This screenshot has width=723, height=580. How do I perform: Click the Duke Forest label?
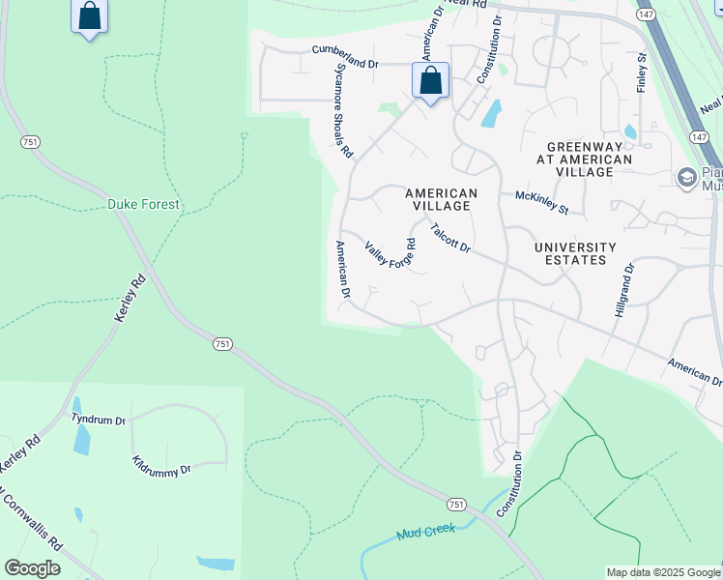coord(144,205)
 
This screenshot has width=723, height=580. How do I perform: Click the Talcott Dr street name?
coord(450,239)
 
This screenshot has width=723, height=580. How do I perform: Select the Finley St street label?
coord(641,73)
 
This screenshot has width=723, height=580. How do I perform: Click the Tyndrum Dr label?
coord(99,420)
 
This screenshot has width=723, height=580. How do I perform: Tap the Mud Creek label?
coord(426,532)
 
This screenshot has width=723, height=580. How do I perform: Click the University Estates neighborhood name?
coord(575,253)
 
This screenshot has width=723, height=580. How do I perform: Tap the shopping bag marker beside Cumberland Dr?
coord(431,80)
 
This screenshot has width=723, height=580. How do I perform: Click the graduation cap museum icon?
coord(686,177)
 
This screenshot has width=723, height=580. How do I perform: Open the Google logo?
coord(32,568)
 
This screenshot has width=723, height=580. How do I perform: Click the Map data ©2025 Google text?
coord(663,572)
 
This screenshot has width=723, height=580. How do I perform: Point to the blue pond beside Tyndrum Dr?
coord(82,440)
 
